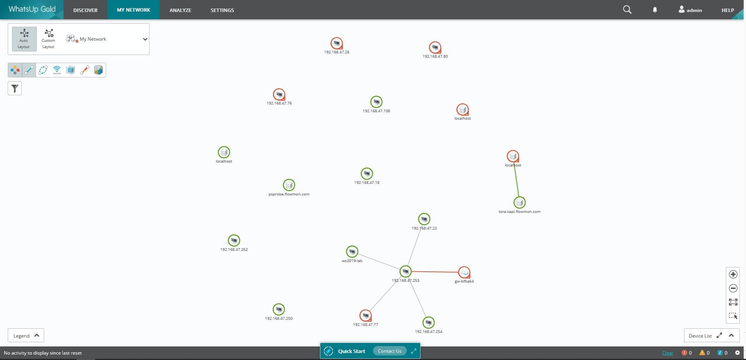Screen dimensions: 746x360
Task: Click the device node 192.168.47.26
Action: tap(337, 43)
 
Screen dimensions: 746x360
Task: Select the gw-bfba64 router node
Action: tap(464, 273)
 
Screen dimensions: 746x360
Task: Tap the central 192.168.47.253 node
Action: tap(406, 271)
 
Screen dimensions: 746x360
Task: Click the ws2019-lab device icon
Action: tap(352, 252)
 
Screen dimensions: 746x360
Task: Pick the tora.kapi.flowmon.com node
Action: tap(519, 202)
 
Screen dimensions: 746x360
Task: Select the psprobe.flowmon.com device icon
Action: tap(289, 185)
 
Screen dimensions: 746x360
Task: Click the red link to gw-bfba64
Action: tap(435, 272)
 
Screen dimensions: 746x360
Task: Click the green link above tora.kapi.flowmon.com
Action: tap(516, 179)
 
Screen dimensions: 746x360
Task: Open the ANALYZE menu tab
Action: tap(180, 10)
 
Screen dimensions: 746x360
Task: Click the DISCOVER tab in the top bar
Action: tap(85, 10)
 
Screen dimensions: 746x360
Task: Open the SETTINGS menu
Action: tap(222, 10)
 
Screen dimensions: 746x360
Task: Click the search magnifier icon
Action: tap(627, 10)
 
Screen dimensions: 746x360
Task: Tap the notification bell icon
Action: tap(655, 10)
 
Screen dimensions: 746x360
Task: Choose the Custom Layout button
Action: tap(48, 39)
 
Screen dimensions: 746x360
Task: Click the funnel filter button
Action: tap(15, 89)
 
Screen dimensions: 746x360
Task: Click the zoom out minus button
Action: tap(733, 288)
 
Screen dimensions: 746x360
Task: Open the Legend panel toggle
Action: tap(26, 336)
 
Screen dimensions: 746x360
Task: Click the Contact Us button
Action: tap(390, 351)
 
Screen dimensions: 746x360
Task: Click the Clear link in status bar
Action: tap(667, 353)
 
